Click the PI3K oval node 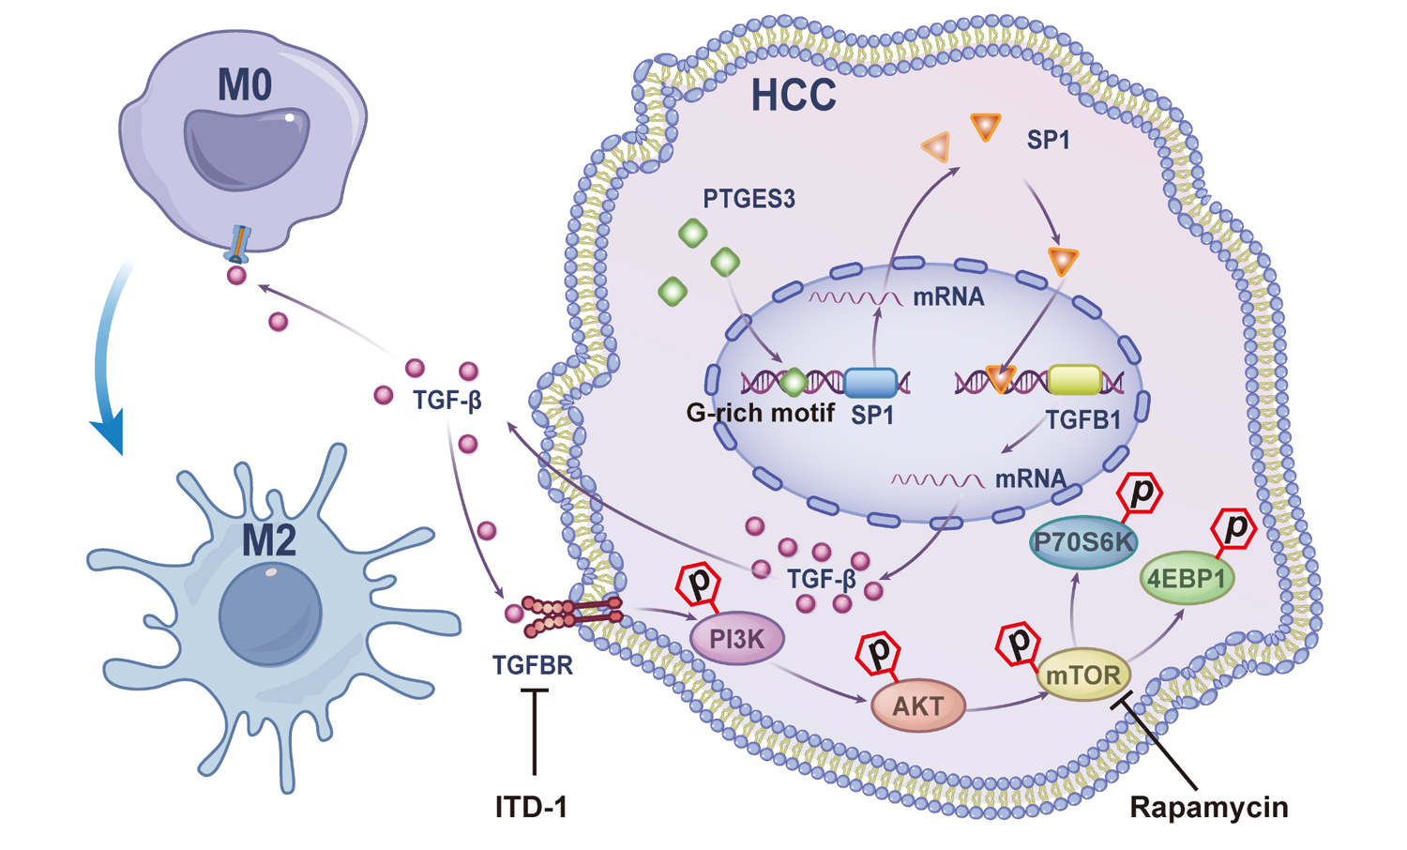point(737,640)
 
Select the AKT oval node point(918,706)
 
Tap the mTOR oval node point(1083,675)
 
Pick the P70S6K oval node point(1083,542)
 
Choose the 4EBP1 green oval point(1187,579)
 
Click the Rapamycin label point(1208,807)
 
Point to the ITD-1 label point(531,807)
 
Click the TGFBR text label point(532,665)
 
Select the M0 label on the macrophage point(245,85)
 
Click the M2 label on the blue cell point(269,541)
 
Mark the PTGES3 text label point(749,199)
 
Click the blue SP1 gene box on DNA point(870,382)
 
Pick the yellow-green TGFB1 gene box point(1075,380)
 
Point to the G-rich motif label point(760,413)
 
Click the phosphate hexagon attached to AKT point(880,652)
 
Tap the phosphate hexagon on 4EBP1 point(1234,528)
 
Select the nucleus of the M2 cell point(270,615)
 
